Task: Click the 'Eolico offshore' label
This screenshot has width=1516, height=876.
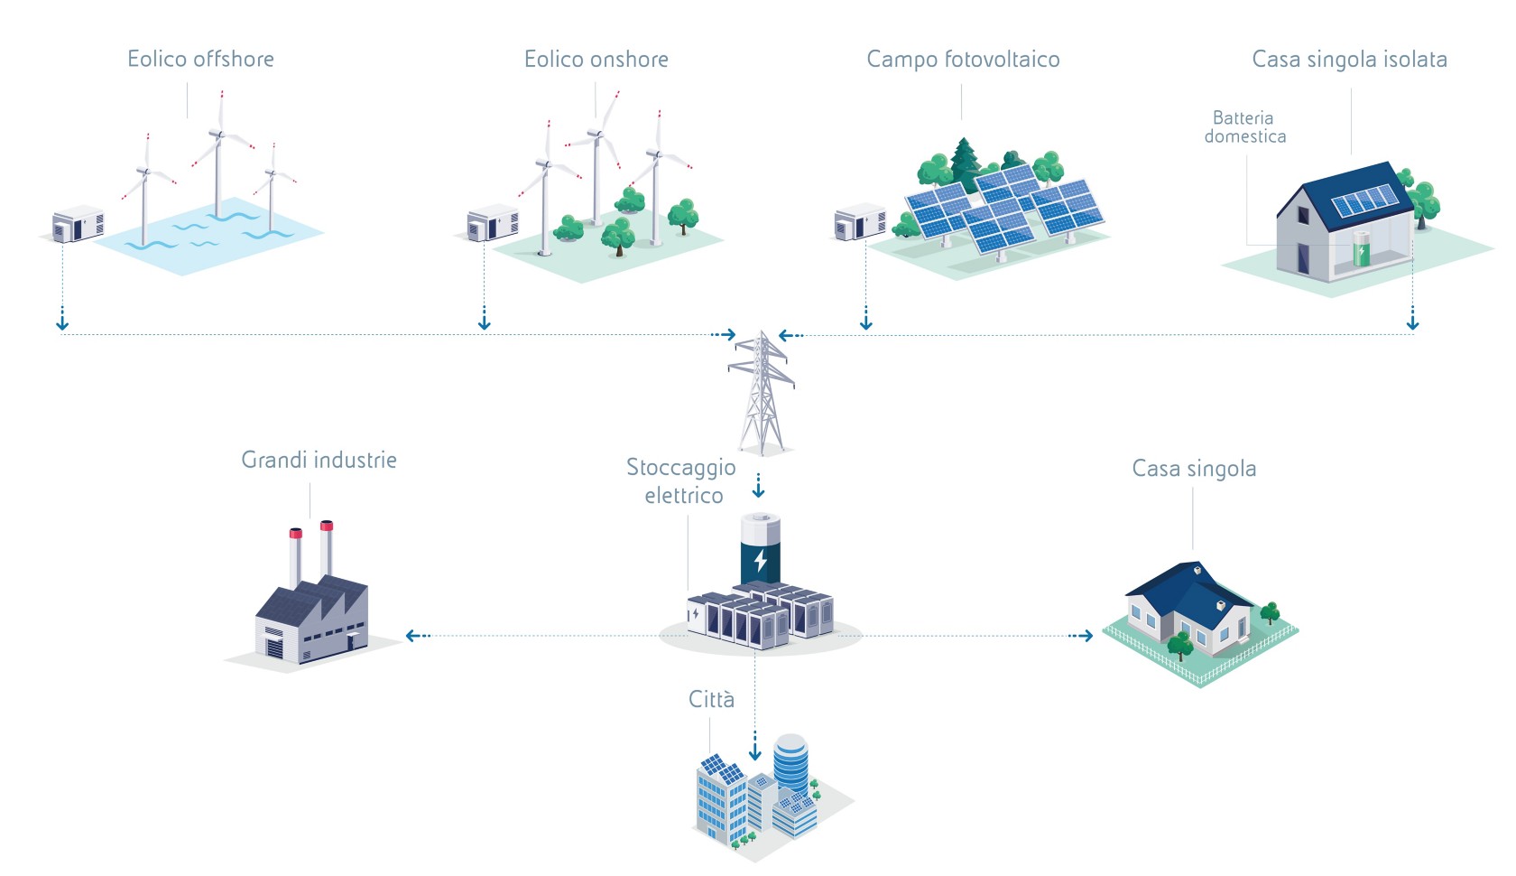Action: [x=200, y=59]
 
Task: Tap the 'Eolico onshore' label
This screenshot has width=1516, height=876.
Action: [x=596, y=59]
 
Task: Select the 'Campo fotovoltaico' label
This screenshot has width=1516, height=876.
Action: [x=963, y=60]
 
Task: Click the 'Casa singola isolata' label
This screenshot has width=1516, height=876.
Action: [x=1350, y=60]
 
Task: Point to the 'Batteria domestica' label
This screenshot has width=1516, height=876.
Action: [x=1244, y=127]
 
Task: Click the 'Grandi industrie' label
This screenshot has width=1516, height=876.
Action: [x=319, y=460]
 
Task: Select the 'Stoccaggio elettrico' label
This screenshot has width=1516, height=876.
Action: [x=681, y=481]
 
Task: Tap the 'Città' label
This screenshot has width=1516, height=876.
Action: [x=711, y=698]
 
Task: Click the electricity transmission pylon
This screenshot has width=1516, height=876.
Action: [x=762, y=393]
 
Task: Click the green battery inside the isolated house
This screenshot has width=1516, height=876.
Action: [x=1361, y=248]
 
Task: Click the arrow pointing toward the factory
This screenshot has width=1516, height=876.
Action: [x=419, y=636]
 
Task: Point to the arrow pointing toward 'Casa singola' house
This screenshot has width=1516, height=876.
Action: [x=1081, y=636]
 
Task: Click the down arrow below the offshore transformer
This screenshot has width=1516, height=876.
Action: [x=62, y=319]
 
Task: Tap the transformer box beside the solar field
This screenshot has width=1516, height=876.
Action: [x=859, y=221]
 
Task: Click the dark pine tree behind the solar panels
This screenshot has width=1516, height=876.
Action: [x=966, y=163]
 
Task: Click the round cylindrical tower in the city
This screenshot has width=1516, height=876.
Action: [x=790, y=763]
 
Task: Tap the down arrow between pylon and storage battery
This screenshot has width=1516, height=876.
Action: [x=759, y=486]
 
